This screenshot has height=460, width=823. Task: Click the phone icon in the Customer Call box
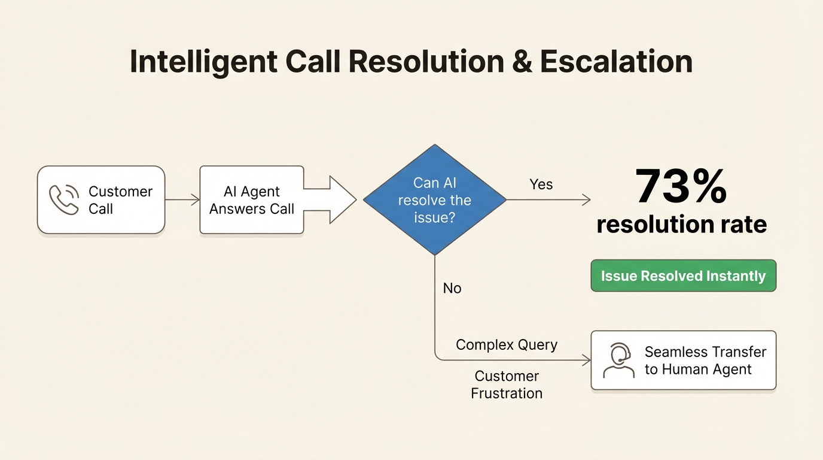[x=64, y=199]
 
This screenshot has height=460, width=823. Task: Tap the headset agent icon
[x=618, y=361]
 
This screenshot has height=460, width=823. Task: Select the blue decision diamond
[x=435, y=200]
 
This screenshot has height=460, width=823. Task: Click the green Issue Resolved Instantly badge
[x=683, y=276]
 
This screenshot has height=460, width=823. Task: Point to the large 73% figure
[x=681, y=186]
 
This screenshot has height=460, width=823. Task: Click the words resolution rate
[x=681, y=225]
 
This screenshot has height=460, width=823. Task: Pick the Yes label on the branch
[x=541, y=184]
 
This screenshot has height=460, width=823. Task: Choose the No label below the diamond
[x=452, y=288]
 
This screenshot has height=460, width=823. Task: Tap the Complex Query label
[x=506, y=345]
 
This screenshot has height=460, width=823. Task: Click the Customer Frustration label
[x=507, y=385]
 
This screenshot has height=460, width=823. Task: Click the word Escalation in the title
[x=616, y=62]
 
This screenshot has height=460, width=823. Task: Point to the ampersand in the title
[x=522, y=62]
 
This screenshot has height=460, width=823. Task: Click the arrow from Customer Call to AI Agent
[x=182, y=200]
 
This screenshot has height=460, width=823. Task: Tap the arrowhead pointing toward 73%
[x=586, y=200]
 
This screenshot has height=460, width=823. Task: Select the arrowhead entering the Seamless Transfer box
[x=586, y=360]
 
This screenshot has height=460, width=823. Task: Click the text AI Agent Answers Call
[x=252, y=200]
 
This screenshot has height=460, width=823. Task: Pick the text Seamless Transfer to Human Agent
[x=705, y=361]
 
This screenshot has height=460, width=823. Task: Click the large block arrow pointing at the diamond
[x=332, y=200]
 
